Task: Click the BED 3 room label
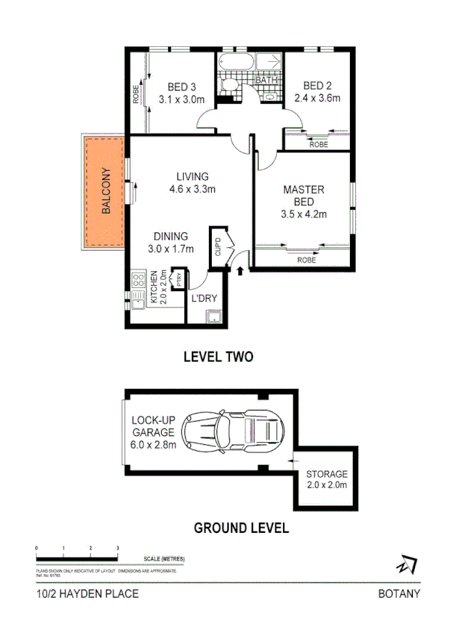(x=181, y=85)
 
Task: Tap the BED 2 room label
(x=317, y=85)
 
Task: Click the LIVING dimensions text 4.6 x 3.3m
(x=192, y=189)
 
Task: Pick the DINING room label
(x=171, y=236)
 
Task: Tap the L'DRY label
(x=204, y=299)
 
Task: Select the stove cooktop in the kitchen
(x=138, y=281)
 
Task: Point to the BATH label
(x=266, y=81)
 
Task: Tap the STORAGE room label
(x=326, y=474)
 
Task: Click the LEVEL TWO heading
(x=219, y=358)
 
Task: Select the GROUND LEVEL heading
(x=241, y=529)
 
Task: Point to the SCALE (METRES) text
(x=163, y=558)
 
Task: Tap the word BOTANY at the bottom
(x=399, y=594)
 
